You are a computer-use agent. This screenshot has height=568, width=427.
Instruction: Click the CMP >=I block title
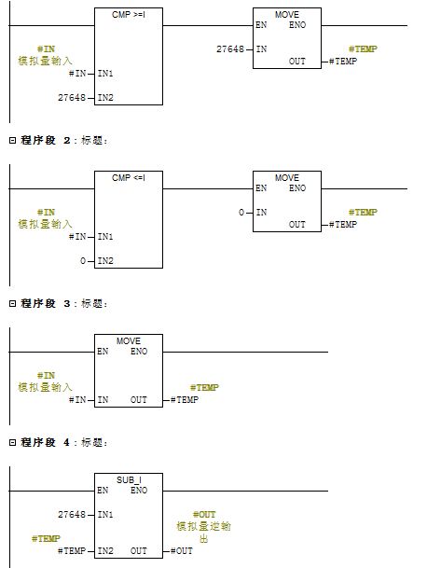coord(129,15)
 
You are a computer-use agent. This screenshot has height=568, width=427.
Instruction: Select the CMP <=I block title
coord(129,178)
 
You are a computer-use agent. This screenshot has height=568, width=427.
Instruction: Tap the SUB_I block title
coord(129,480)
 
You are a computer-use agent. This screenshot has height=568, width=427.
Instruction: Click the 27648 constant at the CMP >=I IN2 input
coord(72,97)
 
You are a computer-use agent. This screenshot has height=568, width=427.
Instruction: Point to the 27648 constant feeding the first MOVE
coord(230,48)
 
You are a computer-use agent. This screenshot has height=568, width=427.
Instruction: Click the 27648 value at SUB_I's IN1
coord(72,515)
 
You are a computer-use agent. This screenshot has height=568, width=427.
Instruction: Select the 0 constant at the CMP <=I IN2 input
coord(83,261)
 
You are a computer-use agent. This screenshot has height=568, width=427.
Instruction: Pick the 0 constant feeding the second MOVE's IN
coord(241,213)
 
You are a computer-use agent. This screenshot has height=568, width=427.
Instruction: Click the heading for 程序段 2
coord(59,140)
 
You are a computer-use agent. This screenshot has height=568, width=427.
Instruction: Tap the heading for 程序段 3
coord(59,303)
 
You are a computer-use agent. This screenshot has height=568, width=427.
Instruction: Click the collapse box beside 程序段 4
coord(13,443)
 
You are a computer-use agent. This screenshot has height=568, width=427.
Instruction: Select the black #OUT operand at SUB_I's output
coord(182,551)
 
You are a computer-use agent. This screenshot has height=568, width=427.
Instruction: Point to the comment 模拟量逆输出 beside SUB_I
coord(203,533)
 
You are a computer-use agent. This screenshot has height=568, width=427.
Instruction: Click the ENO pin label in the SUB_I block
coord(139,491)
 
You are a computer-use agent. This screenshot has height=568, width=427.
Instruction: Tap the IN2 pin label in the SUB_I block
coord(105,551)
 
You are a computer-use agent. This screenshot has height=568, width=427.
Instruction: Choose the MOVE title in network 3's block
coord(129,341)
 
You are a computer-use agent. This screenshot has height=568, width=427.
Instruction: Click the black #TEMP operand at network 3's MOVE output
coord(185,400)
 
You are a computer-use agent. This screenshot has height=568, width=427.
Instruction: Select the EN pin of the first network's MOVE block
coord(261,25)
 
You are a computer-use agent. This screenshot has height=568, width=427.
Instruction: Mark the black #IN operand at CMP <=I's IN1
coord(77,237)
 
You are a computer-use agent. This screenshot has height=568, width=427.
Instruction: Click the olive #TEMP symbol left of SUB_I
coord(46,539)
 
